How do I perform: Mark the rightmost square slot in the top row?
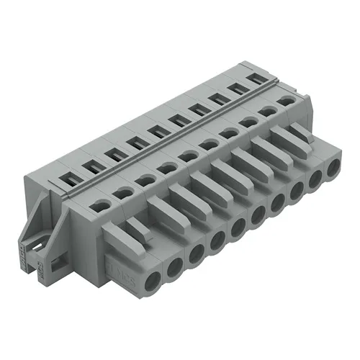coord(254,79)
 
